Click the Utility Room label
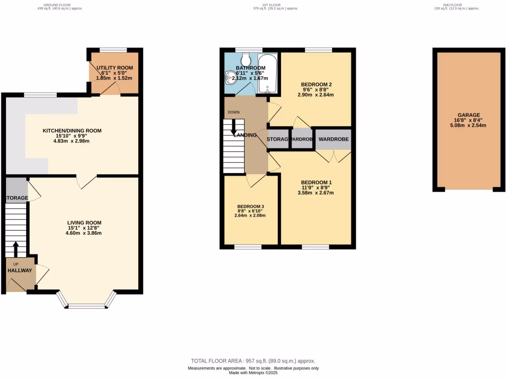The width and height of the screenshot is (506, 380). pos(115,67)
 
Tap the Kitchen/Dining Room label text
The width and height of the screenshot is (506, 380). pos(72,131)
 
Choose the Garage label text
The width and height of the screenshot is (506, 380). pos(468,115)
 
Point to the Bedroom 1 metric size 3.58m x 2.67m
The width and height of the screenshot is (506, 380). pos(316,193)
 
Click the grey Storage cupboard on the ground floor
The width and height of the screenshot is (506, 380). pos(16,188)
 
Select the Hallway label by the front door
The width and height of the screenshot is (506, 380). pos(20,271)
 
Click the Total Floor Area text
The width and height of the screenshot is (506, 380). pos(253,361)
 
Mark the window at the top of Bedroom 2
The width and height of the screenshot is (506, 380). pos(318,49)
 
